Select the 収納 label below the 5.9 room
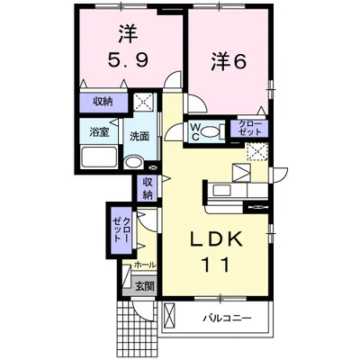102,103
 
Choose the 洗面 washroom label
139,138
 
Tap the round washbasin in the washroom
132,163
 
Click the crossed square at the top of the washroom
144,103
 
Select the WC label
195,131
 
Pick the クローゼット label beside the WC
249,129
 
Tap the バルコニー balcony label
224,319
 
